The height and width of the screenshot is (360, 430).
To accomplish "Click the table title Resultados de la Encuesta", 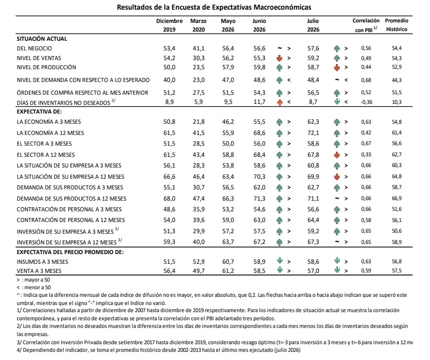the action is [x=214, y=7].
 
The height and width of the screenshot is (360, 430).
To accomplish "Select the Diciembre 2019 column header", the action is [x=169, y=25].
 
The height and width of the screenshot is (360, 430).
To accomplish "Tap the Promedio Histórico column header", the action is [x=396, y=24].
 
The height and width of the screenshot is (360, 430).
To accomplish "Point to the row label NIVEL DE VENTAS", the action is [x=39, y=58].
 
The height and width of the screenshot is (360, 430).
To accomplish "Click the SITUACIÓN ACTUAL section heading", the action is [x=42, y=39].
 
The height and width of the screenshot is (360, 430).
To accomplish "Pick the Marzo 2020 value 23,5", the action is [x=198, y=67].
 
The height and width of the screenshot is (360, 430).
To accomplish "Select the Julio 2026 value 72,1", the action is [x=313, y=133].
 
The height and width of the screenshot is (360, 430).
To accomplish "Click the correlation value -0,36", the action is [x=366, y=102].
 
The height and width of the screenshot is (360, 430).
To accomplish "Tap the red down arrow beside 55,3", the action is [x=279, y=58].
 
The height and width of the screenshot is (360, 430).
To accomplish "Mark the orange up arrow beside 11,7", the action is [x=279, y=102].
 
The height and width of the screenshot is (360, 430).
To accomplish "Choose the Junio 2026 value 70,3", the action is [x=260, y=176].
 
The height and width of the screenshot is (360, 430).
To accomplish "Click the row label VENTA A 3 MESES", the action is [x=39, y=271].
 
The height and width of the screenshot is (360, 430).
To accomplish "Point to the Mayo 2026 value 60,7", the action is [x=228, y=262].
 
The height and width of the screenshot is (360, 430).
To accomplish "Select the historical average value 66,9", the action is [x=396, y=199].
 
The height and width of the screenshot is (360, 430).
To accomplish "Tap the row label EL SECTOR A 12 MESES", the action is [x=45, y=155].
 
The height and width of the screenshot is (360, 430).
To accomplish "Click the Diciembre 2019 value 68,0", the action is [x=169, y=199].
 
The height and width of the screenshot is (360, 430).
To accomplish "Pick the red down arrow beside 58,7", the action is [x=337, y=68].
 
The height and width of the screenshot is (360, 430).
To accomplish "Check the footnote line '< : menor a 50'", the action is [x=34, y=287].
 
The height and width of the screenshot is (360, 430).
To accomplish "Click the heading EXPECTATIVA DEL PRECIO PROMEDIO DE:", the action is [x=70, y=252].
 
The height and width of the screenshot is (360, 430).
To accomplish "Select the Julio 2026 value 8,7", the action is [x=313, y=102].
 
